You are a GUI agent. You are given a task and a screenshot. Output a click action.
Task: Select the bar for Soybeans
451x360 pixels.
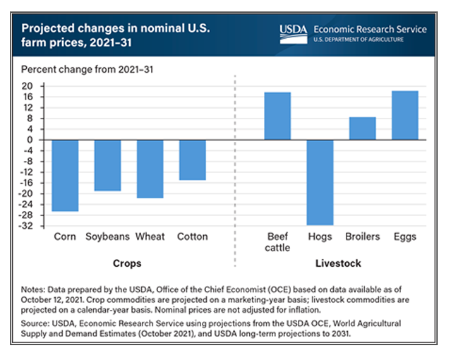click(x=107, y=165)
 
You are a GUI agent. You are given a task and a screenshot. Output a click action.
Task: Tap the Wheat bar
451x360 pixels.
click(x=150, y=169)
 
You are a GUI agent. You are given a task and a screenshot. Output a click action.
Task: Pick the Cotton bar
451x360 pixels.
click(x=192, y=160)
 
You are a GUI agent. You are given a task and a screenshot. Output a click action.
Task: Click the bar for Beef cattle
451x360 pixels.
click(x=277, y=116)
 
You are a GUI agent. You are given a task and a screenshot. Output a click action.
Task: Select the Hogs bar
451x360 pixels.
click(x=320, y=182)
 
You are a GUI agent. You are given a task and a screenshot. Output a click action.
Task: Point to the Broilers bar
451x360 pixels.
click(x=362, y=128)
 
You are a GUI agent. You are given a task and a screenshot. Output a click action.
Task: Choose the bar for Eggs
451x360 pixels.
click(x=404, y=115)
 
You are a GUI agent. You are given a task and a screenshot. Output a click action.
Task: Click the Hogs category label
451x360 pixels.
click(x=320, y=236)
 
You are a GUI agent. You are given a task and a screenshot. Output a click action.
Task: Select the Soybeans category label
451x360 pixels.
click(x=107, y=236)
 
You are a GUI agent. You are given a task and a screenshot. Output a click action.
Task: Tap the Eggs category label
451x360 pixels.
click(x=404, y=236)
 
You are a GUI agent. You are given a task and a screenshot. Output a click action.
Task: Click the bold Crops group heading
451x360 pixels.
click(x=127, y=263)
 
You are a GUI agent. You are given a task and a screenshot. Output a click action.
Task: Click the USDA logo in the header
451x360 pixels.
click(x=293, y=32)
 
